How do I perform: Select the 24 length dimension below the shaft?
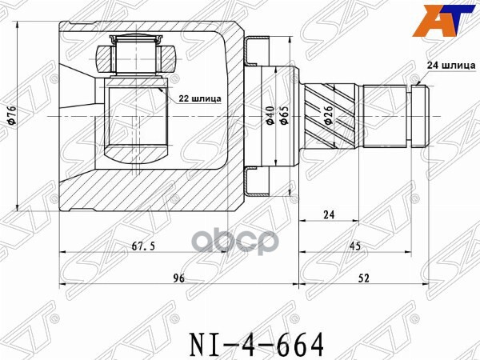point(329,213)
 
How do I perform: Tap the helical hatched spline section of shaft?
point(332,118)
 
